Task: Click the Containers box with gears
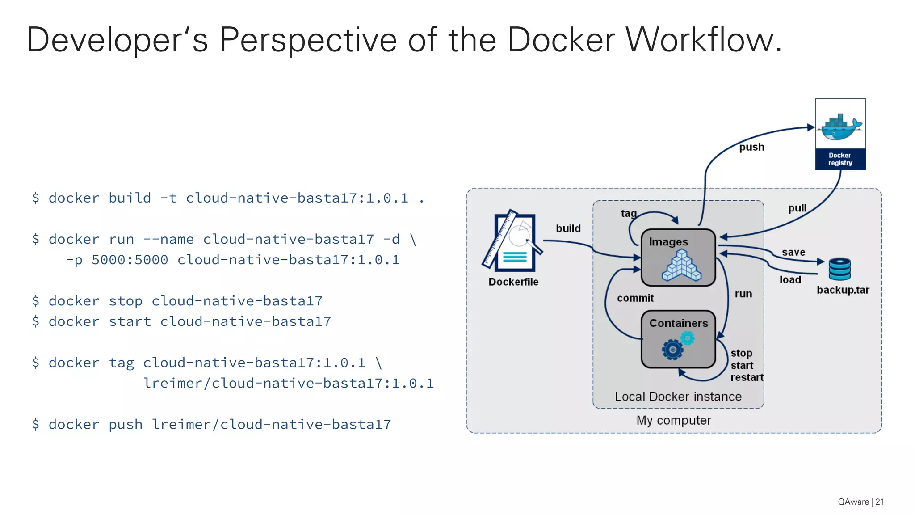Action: [x=678, y=339]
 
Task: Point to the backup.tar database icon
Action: [x=839, y=269]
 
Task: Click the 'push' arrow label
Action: [x=751, y=147]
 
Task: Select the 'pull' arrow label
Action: [x=797, y=208]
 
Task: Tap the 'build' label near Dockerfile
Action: [x=568, y=228]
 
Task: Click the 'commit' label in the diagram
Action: [x=635, y=298]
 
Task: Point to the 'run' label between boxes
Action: [x=743, y=294]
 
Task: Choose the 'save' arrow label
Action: [x=793, y=252]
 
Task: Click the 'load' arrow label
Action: [x=790, y=280]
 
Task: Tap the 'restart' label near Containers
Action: [x=747, y=377]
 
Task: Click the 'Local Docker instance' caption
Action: [x=678, y=397]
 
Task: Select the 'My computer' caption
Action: [x=673, y=420]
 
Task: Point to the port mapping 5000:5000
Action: [x=130, y=260]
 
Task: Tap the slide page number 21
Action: [x=879, y=502]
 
